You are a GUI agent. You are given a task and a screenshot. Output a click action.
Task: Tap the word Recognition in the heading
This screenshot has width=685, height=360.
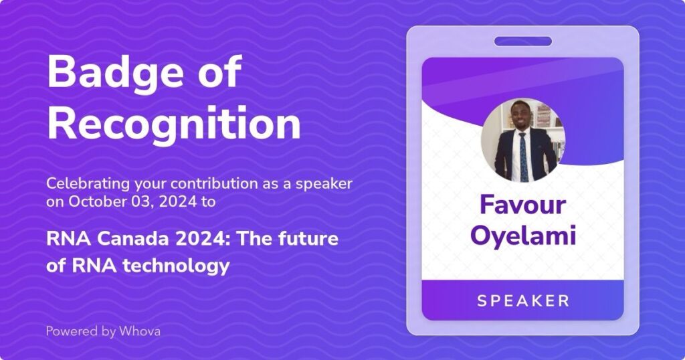click(174, 123)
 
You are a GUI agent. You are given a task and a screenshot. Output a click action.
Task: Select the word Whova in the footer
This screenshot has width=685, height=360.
click(140, 331)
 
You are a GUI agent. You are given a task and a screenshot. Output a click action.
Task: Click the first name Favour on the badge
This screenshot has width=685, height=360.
click(522, 205)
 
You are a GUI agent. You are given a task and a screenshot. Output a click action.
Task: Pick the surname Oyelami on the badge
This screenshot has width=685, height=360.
click(522, 236)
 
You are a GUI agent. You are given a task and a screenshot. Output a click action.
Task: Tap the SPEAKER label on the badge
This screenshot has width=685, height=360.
click(523, 300)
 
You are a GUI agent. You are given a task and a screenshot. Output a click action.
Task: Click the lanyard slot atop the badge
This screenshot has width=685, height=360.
click(523, 41)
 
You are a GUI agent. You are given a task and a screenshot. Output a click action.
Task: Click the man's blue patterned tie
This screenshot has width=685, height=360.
click(523, 157)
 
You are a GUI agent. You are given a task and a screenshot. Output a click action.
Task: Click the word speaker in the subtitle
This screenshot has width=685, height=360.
click(324, 184)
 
